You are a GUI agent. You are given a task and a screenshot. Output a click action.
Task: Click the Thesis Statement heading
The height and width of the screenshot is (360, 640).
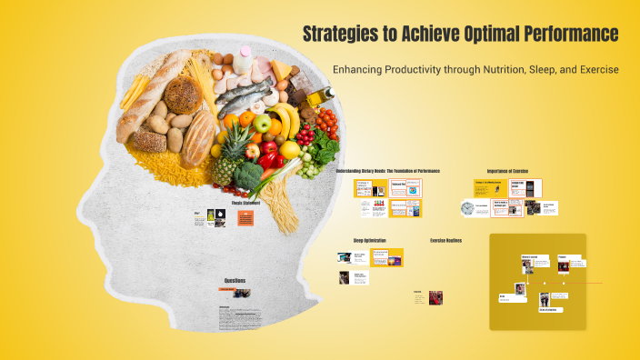coord(245,203)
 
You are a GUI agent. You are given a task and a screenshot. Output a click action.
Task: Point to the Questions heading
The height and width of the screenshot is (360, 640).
coord(235,280)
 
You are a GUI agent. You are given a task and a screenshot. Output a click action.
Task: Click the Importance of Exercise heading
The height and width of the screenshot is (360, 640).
coord(507,171)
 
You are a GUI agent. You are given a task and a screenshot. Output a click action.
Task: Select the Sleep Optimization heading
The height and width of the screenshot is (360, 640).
coord(370,240)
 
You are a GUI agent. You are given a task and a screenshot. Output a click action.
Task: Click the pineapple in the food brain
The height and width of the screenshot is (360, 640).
coord(226,156)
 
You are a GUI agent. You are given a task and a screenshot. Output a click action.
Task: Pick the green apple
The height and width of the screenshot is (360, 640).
coord(263,123)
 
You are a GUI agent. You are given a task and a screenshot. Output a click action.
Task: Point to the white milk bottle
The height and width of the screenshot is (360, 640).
coord(243,63)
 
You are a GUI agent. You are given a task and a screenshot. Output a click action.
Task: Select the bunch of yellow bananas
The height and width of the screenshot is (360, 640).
coord(285,118)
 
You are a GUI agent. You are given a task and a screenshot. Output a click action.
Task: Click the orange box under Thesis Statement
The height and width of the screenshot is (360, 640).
coord(245,218)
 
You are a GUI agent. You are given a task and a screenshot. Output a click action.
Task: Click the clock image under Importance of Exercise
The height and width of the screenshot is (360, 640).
coord(467,208)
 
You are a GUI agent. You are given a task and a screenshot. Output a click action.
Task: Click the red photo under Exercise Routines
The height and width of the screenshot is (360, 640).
coord(435,297)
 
